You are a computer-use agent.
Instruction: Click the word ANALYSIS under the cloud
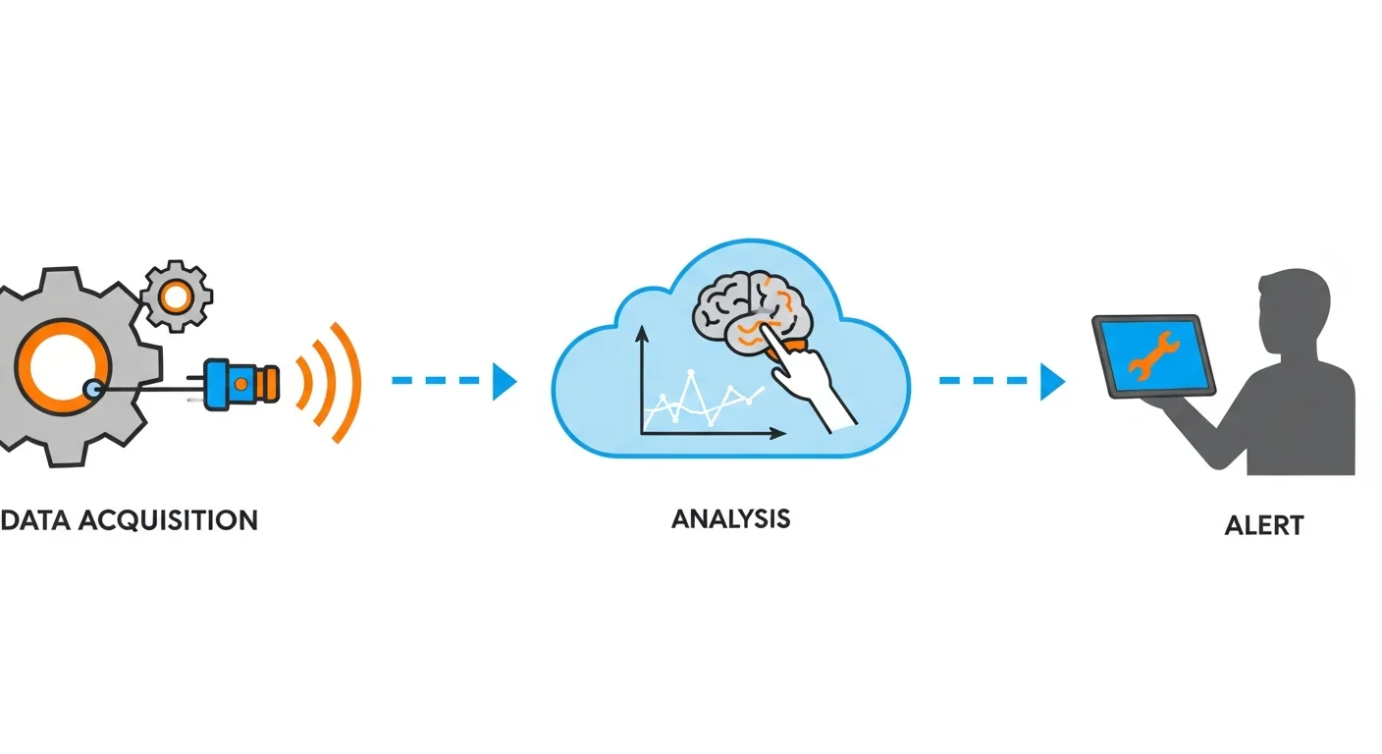(730, 518)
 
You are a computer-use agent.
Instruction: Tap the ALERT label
(1264, 525)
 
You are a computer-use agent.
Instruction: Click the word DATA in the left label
(35, 519)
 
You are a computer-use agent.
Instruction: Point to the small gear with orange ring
(177, 295)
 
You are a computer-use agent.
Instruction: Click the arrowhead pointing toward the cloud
(505, 381)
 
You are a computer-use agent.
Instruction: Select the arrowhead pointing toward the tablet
(1052, 381)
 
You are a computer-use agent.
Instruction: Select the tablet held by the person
(1153, 355)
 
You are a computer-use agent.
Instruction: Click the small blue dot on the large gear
(92, 389)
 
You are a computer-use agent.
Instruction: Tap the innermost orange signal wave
(303, 381)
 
